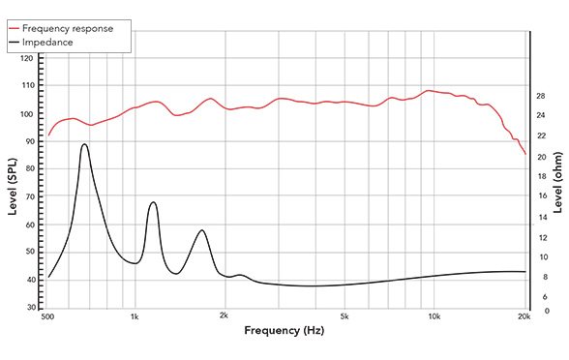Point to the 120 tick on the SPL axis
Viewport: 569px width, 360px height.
point(27,58)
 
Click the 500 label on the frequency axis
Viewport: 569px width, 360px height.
point(46,316)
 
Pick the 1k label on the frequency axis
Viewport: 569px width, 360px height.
point(135,316)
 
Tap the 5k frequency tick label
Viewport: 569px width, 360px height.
point(344,316)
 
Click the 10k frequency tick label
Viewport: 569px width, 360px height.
point(434,316)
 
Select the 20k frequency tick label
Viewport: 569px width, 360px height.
point(524,316)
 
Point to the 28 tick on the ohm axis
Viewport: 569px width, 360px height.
point(541,96)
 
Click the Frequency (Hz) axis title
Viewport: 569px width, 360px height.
point(284,332)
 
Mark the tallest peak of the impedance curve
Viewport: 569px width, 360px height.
point(85,144)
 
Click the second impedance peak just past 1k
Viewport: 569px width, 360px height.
point(153,202)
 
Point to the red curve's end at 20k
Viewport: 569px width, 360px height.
point(525,154)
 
